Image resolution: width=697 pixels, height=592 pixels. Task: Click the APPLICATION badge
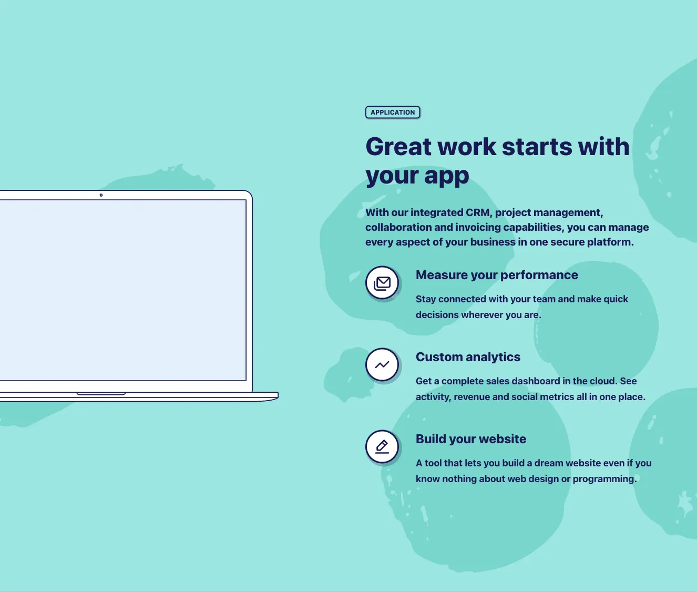pyautogui.click(x=393, y=113)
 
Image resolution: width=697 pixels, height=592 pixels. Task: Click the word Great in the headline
pyautogui.click(x=398, y=147)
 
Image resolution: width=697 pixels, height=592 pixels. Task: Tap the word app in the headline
pyautogui.click(x=446, y=176)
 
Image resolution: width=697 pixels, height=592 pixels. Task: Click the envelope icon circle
pyautogui.click(x=382, y=283)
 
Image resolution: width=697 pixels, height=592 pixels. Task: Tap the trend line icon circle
pyautogui.click(x=382, y=365)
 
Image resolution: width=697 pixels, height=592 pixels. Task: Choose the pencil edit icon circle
pyautogui.click(x=382, y=446)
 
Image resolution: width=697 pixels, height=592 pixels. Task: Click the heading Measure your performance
pyautogui.click(x=497, y=275)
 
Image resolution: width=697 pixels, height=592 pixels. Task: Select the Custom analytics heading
pyautogui.click(x=468, y=357)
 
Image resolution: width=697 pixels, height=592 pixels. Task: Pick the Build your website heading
pyautogui.click(x=471, y=439)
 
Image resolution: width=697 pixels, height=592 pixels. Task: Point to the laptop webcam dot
pyautogui.click(x=101, y=195)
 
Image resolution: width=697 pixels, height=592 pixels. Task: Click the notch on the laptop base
pyautogui.click(x=101, y=393)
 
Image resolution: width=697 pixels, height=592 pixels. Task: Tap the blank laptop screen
pyautogui.click(x=123, y=290)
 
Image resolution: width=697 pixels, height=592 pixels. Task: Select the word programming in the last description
pyautogui.click(x=604, y=479)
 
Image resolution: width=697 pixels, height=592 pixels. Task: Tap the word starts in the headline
pyautogui.click(x=537, y=147)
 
